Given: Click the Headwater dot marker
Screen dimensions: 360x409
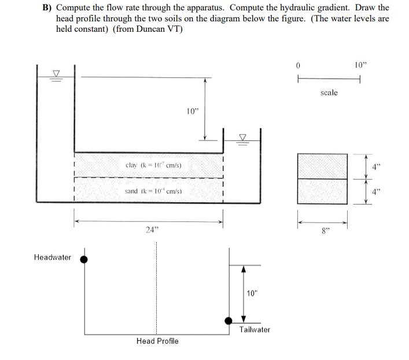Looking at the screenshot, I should point(84,259).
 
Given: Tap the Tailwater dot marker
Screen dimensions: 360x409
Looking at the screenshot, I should point(229,321).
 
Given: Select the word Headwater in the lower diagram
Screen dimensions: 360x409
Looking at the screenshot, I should point(53,257).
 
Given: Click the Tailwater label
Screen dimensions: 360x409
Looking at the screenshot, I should point(255,330).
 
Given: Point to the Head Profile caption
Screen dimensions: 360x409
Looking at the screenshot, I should point(157,341).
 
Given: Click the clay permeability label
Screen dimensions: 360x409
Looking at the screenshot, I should point(153,165).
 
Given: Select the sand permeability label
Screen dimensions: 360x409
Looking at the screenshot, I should point(153,191).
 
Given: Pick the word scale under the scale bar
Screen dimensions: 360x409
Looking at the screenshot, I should point(329,92).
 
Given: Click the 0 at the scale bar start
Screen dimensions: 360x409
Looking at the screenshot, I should point(298,65).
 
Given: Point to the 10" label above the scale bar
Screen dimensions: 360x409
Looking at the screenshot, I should point(360,65).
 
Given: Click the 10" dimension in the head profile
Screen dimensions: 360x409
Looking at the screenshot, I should point(252,293).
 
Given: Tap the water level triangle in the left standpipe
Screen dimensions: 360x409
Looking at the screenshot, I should point(56,73).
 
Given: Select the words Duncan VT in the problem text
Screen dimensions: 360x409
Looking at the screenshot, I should point(162,29).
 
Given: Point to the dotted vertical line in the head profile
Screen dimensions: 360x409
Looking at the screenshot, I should point(155,289).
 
